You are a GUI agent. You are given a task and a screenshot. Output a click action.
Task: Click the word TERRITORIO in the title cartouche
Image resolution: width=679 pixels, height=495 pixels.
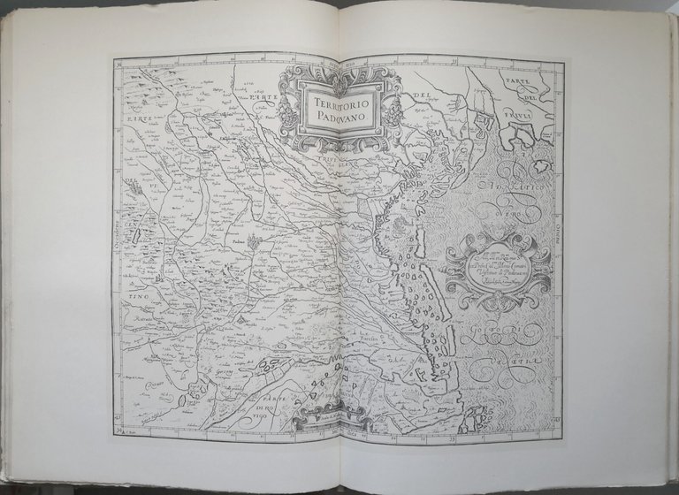coord(340,102)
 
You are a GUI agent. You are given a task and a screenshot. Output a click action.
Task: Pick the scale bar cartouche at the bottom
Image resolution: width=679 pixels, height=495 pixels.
coord(327,423)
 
